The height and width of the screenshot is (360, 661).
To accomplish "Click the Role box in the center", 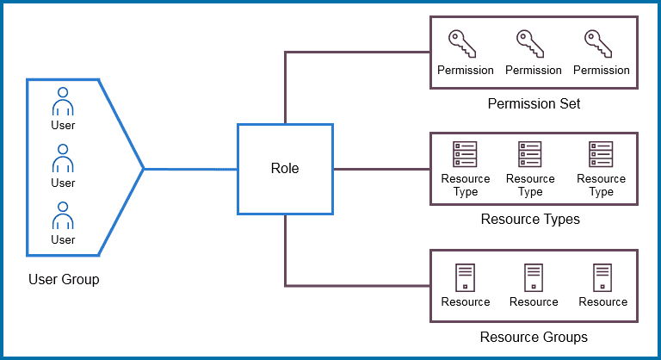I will (285, 169).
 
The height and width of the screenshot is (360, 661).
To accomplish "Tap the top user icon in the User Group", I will (63, 101).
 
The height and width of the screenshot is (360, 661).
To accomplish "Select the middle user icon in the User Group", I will (63, 158).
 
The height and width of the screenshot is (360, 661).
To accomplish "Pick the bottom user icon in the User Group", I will (63, 215).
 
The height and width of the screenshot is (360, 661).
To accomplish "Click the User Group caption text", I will (64, 279).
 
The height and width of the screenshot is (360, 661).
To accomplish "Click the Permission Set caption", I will (534, 104).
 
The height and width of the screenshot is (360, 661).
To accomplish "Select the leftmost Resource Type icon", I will (465, 154).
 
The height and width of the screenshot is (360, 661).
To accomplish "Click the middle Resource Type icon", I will (530, 154).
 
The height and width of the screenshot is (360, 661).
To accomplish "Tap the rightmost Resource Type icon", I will (601, 154).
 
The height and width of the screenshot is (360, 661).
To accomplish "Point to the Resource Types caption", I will (530, 220).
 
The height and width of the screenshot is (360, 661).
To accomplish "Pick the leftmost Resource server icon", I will (465, 277).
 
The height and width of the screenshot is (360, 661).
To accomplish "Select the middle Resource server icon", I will (534, 277).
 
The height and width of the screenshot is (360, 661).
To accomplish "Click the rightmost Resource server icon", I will (602, 277).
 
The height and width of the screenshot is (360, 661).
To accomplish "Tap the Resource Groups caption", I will (534, 337).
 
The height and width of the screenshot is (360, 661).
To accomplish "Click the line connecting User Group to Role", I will (189, 169).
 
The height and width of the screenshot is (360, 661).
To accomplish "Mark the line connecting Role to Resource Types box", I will (380, 169).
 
